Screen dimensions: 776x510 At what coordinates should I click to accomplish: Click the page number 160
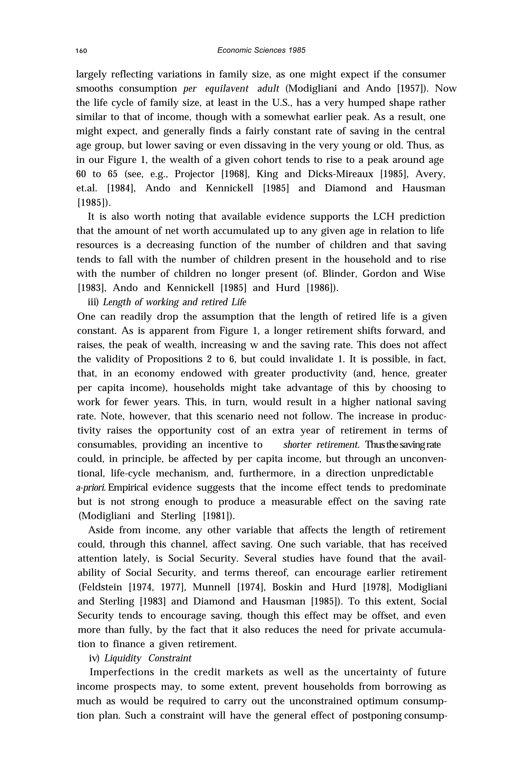(81, 51)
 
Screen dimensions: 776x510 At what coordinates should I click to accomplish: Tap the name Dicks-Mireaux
(340, 174)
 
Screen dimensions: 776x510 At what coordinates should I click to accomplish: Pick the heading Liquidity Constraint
(148, 658)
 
